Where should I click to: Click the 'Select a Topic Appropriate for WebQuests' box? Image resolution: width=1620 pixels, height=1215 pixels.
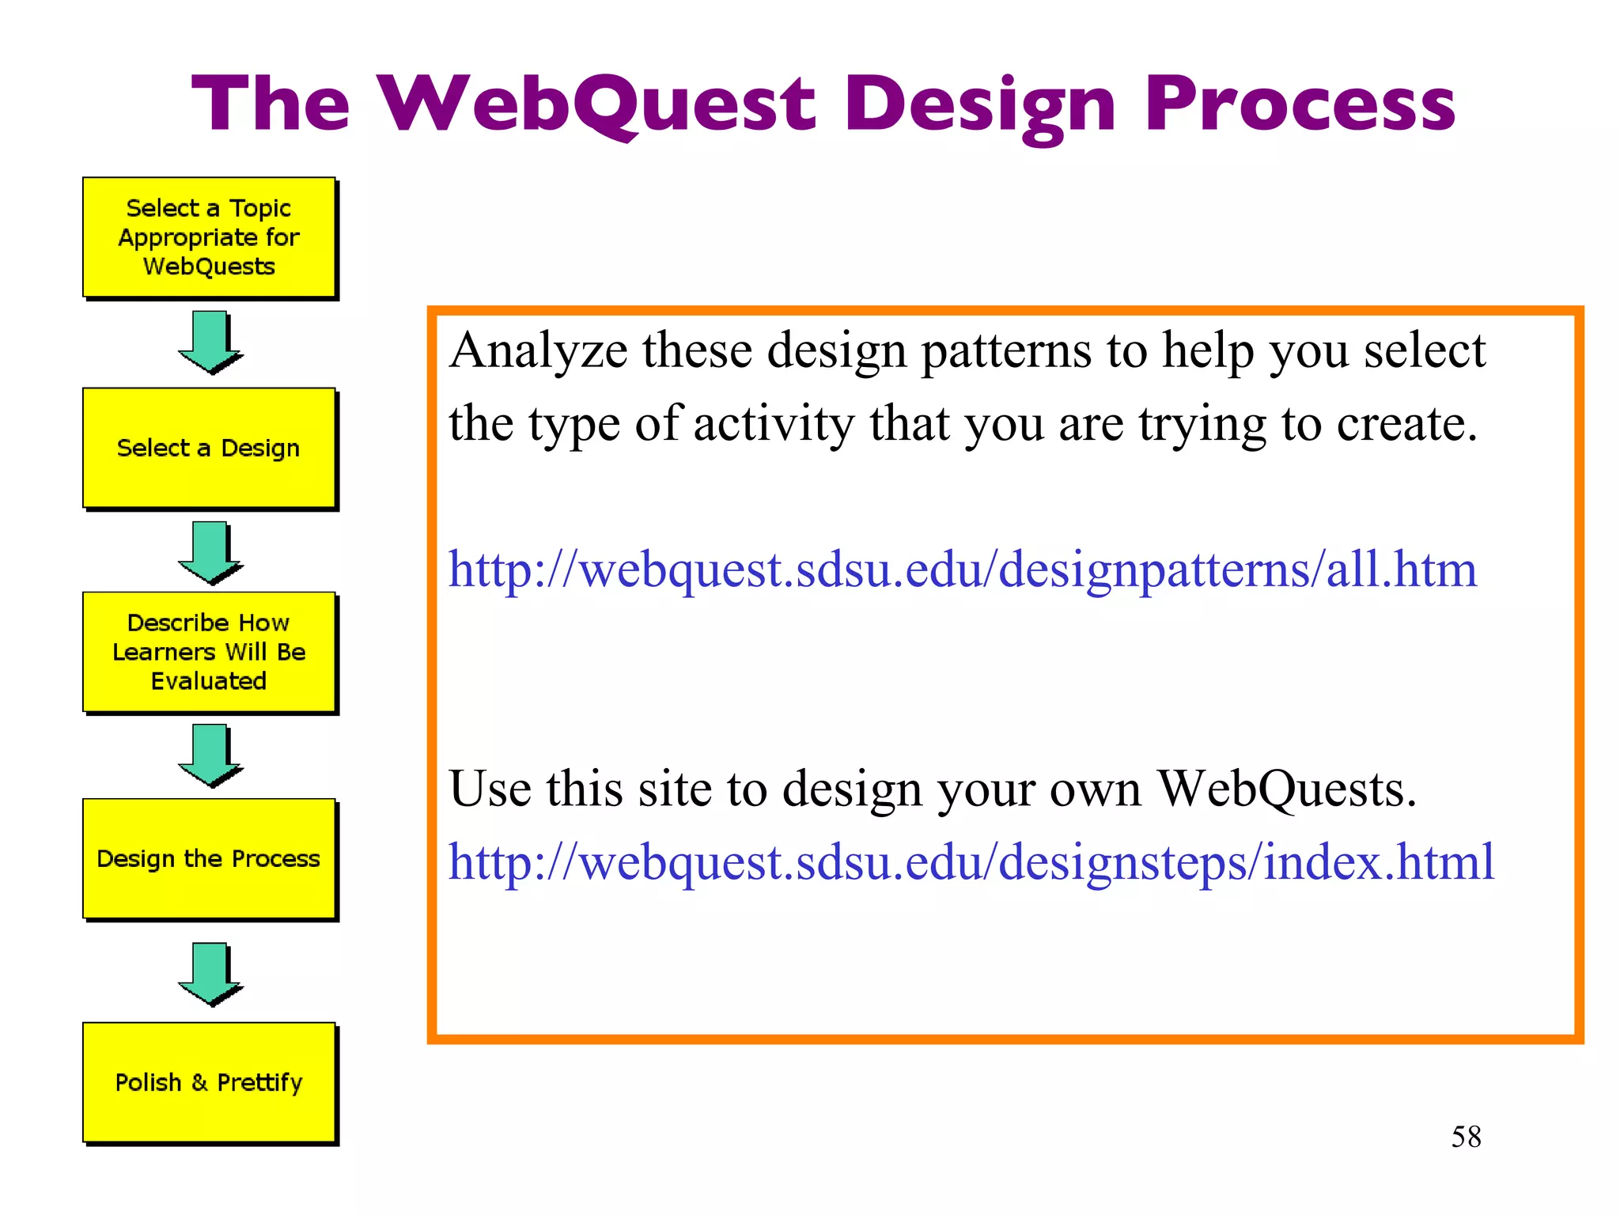coord(209,237)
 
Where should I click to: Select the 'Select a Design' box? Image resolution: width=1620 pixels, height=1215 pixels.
coord(209,448)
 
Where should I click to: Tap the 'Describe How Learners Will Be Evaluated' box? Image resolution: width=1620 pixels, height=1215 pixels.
coord(209,652)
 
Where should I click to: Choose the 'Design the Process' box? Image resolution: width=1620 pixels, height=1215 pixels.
coord(209,858)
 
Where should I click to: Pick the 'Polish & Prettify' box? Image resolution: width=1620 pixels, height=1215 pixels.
coord(209,1082)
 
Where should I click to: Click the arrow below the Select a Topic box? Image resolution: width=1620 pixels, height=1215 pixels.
coord(210,342)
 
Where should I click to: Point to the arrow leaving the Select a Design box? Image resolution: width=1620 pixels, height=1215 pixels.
coord(210,552)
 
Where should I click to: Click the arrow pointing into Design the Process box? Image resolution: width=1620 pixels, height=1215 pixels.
coord(210,755)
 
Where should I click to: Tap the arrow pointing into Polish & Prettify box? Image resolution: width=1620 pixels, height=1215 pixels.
coord(210,974)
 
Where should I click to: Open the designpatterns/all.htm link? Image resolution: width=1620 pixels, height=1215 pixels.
coord(962,569)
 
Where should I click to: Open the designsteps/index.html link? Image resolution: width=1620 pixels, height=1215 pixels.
coord(971,861)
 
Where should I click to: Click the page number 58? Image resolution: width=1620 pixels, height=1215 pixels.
coord(1466,1137)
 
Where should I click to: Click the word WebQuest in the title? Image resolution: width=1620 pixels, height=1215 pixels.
coord(597,104)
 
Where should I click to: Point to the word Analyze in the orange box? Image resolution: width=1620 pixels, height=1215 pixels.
coord(538,350)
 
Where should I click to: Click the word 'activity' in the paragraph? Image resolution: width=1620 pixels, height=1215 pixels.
coord(774,424)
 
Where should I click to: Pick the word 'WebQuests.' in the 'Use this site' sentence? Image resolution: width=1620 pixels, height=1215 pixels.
coord(1286,789)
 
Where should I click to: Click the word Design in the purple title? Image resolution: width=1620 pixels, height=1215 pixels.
coord(980,104)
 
